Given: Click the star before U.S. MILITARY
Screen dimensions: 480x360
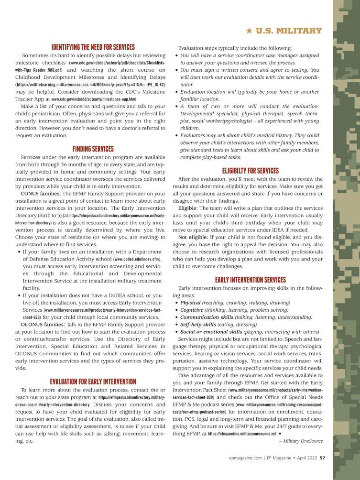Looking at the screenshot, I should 249,31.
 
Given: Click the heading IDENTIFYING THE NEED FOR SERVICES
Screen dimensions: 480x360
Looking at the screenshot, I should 93,47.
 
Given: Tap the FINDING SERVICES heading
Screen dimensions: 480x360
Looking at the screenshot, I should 93,149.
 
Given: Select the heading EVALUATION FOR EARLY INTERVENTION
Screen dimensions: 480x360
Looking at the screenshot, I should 93,381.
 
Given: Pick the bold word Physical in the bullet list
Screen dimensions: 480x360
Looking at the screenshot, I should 190,303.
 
